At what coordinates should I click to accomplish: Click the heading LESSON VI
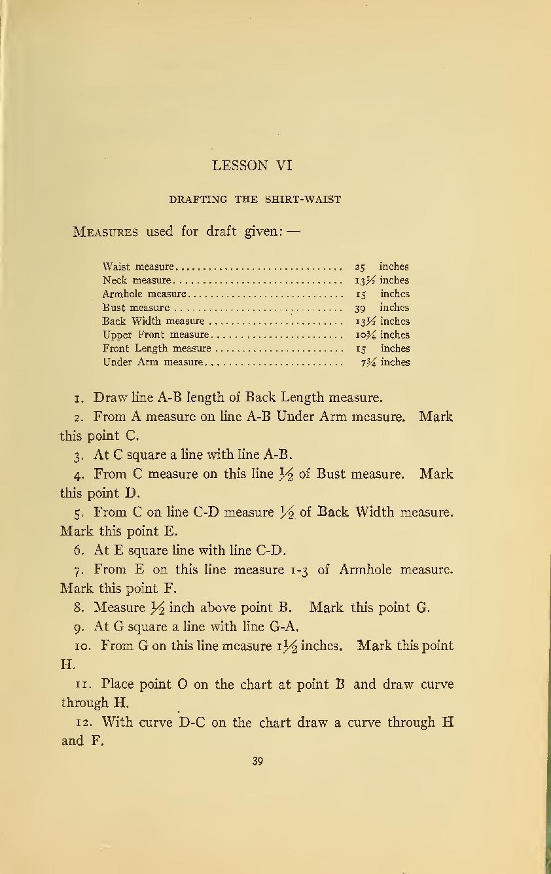click(x=252, y=166)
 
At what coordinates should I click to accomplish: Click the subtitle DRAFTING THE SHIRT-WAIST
click(x=255, y=200)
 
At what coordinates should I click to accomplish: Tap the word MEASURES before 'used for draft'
click(x=105, y=232)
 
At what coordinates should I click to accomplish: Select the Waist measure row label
click(x=138, y=267)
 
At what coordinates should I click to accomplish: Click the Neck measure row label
click(x=137, y=281)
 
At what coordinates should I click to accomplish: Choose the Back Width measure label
click(x=154, y=321)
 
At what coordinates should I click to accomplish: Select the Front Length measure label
click(x=157, y=349)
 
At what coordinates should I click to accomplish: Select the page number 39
click(x=257, y=761)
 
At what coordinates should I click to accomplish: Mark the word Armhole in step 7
click(x=363, y=570)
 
